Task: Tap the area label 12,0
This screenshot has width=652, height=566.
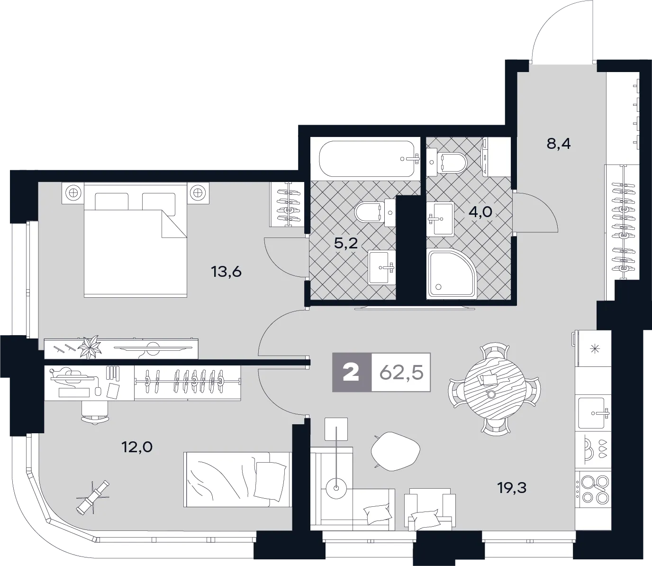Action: tap(137, 447)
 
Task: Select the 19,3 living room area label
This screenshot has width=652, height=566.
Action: tap(512, 487)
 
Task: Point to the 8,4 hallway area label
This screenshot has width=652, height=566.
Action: tap(559, 143)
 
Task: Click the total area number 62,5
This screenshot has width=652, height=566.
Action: tap(401, 373)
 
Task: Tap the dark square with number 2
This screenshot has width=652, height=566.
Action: tap(352, 373)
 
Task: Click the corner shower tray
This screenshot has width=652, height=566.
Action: tap(451, 274)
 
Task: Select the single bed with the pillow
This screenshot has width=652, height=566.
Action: tap(237, 479)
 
